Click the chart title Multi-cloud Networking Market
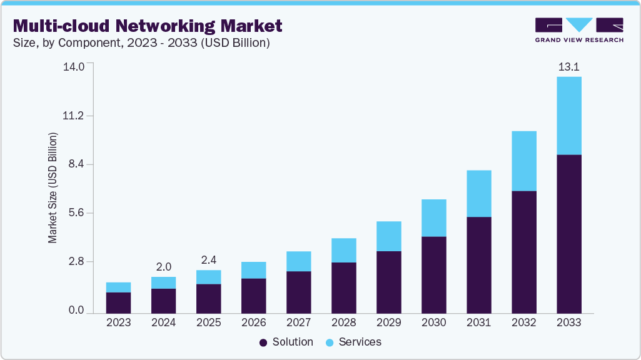[148, 26]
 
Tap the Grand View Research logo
[579, 30]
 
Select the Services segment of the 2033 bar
[568, 116]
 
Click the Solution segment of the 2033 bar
[568, 234]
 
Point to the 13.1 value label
[568, 67]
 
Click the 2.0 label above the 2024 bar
[164, 267]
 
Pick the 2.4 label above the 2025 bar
[209, 260]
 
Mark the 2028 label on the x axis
[343, 322]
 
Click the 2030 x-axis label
[433, 322]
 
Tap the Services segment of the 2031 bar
[478, 194]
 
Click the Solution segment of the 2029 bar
[388, 282]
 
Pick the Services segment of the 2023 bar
[118, 287]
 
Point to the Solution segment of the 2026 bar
[253, 296]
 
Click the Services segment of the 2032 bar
[523, 161]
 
